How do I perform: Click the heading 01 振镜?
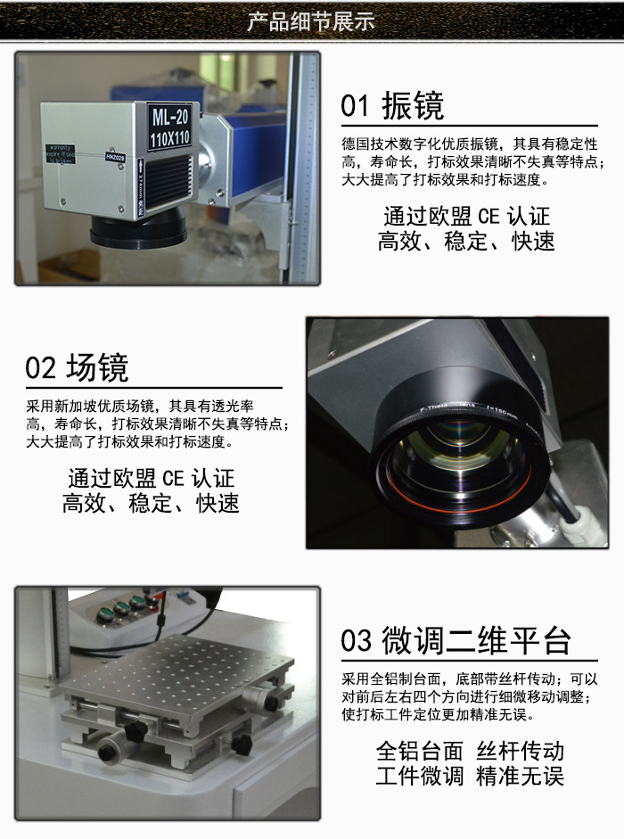[x=392, y=106]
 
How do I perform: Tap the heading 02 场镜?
[x=77, y=367]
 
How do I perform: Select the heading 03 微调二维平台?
[x=456, y=640]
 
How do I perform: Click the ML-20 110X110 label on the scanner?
[x=170, y=126]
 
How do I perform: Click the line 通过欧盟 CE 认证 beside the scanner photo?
[x=466, y=216]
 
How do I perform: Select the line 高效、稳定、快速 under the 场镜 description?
[x=151, y=503]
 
